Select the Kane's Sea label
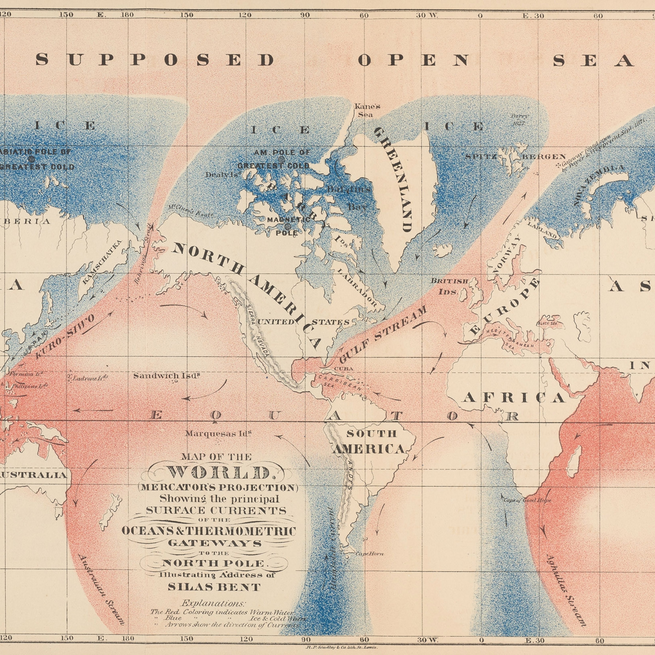[x=367, y=110]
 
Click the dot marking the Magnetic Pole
[x=287, y=226]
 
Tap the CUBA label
[x=344, y=368]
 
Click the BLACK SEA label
[x=547, y=323]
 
